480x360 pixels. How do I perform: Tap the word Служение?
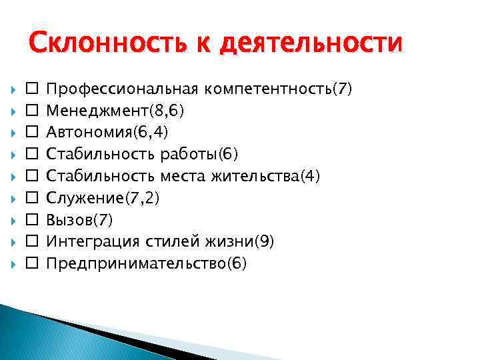83,198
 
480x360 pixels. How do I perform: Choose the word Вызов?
71,220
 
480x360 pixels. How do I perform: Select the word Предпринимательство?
136,264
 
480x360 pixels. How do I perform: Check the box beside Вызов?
31,220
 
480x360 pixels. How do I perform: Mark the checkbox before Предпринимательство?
31,264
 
